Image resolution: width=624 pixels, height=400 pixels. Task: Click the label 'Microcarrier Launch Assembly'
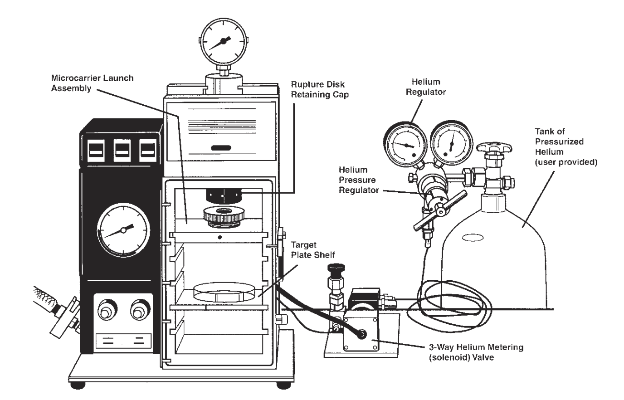93,83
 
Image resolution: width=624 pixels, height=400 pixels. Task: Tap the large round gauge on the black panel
123,230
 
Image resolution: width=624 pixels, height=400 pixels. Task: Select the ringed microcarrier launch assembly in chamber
223,217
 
